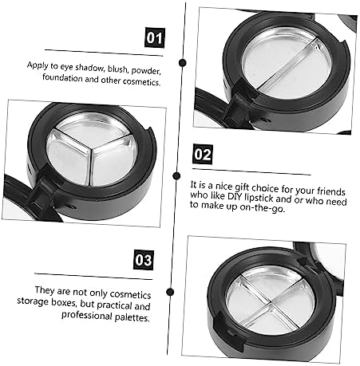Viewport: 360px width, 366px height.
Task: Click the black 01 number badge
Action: click(x=155, y=37)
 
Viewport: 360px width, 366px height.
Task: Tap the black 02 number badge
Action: click(x=203, y=154)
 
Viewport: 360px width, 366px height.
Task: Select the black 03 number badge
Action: click(x=144, y=260)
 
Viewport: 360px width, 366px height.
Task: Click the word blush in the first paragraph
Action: click(x=117, y=69)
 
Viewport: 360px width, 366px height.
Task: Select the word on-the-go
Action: click(x=262, y=207)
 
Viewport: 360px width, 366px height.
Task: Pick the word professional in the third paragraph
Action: click(x=87, y=316)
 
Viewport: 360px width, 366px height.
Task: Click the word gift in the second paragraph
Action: click(x=242, y=187)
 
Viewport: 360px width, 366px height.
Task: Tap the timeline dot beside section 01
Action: click(x=183, y=63)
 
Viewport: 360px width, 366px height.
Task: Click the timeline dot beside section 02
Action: click(x=176, y=175)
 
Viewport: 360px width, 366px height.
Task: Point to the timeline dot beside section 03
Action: click(x=170, y=292)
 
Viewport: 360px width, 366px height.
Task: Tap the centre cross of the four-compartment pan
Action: click(x=271, y=301)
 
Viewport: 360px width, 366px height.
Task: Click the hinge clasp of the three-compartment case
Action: click(x=42, y=188)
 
